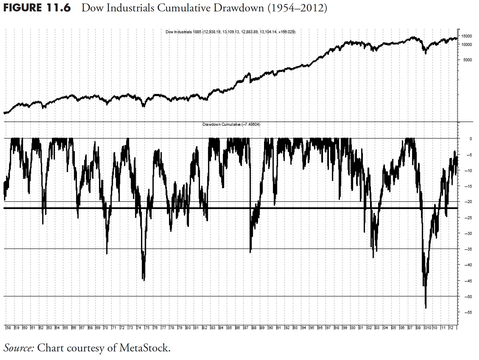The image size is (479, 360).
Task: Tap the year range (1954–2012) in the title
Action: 297,8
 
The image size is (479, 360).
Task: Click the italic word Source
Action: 19,348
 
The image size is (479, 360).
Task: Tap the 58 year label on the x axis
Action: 9,327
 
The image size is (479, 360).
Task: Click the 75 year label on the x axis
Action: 147,327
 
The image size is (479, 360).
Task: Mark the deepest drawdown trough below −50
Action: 426,308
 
